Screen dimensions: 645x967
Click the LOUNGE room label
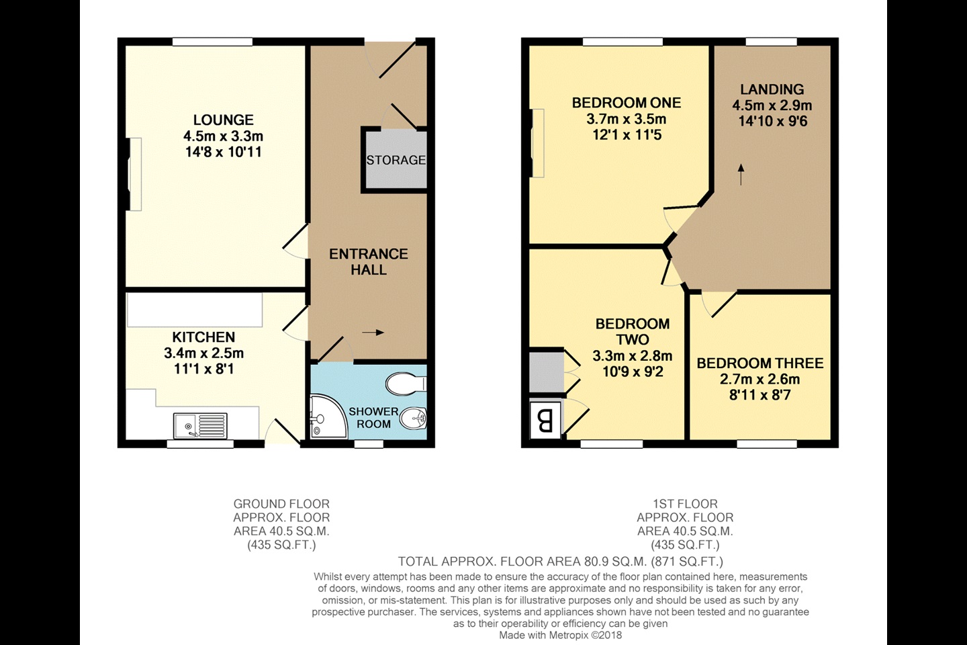click(223, 120)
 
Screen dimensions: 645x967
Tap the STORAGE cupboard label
click(396, 160)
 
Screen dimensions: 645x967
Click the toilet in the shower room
click(405, 384)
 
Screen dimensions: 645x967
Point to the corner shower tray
click(324, 417)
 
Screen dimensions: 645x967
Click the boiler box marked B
click(545, 421)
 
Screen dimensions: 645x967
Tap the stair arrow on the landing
click(741, 174)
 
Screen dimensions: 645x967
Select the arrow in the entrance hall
click(373, 332)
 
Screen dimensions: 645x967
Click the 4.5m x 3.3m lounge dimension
click(223, 136)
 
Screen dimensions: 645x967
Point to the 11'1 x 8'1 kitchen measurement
click(203, 369)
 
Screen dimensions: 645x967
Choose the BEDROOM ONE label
click(626, 103)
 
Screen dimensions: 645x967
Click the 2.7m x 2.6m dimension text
click(759, 379)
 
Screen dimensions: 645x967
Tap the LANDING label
click(772, 89)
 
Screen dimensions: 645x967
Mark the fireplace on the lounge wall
click(134, 174)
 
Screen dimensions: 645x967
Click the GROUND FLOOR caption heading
click(281, 504)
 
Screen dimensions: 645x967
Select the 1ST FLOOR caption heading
click(685, 504)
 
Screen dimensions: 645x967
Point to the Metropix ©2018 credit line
click(560, 635)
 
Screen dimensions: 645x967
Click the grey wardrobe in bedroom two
click(545, 372)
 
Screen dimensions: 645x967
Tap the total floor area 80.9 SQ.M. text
click(560, 562)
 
